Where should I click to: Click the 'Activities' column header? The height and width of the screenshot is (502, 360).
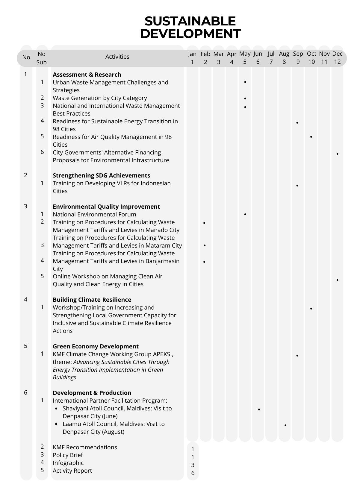pos(117,57)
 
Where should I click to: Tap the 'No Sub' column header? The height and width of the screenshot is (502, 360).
pos(42,58)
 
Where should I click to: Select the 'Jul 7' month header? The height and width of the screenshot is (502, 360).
pos(271,58)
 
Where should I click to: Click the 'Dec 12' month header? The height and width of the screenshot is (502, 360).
pos(337,58)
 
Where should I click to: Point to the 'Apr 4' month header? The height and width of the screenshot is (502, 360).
pos(232,58)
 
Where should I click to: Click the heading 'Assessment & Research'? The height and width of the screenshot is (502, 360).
pos(87,75)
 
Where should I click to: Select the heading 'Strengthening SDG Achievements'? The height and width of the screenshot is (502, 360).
pos(101,175)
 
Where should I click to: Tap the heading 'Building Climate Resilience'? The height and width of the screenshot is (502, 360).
pos(92,300)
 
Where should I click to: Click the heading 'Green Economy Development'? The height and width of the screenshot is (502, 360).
pos(96,346)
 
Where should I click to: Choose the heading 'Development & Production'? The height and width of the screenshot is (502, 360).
pos(92,393)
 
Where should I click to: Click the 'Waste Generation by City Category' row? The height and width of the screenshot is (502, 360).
pos(100,98)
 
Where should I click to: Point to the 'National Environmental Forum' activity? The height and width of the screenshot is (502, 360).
pos(94,214)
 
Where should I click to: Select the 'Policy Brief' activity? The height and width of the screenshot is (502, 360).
pos(68,455)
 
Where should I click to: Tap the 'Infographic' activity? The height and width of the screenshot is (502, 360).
pos(68,463)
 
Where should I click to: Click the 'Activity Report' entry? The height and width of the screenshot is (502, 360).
pos(72,471)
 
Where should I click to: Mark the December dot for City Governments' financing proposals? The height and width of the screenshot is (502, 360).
pos(338,154)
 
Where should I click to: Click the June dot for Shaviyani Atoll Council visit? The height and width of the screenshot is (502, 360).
pos(259,409)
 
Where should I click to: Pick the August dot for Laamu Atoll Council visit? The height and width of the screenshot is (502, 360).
pos(285,425)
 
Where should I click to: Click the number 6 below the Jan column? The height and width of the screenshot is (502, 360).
pos(193,473)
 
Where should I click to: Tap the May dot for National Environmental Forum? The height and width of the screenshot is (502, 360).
pos(245,214)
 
